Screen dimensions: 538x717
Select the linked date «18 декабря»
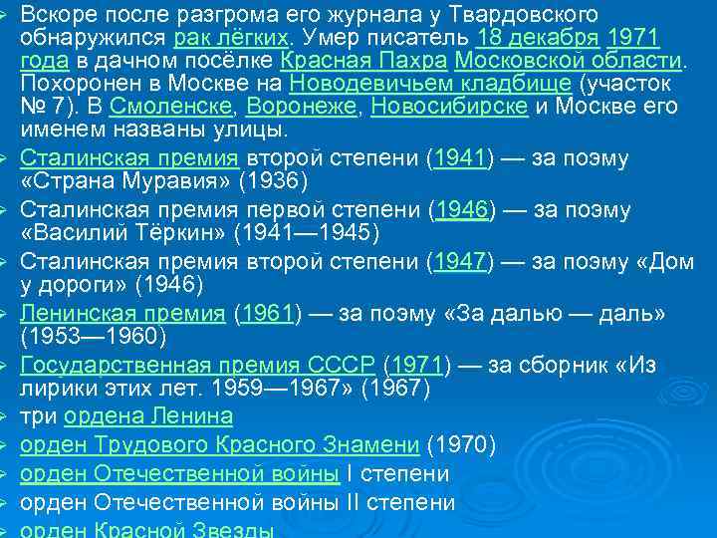click(x=538, y=39)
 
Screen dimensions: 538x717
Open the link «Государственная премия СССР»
click(x=197, y=365)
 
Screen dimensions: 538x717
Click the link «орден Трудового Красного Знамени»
click(x=220, y=443)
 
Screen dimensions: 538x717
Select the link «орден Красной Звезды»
click(x=147, y=529)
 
